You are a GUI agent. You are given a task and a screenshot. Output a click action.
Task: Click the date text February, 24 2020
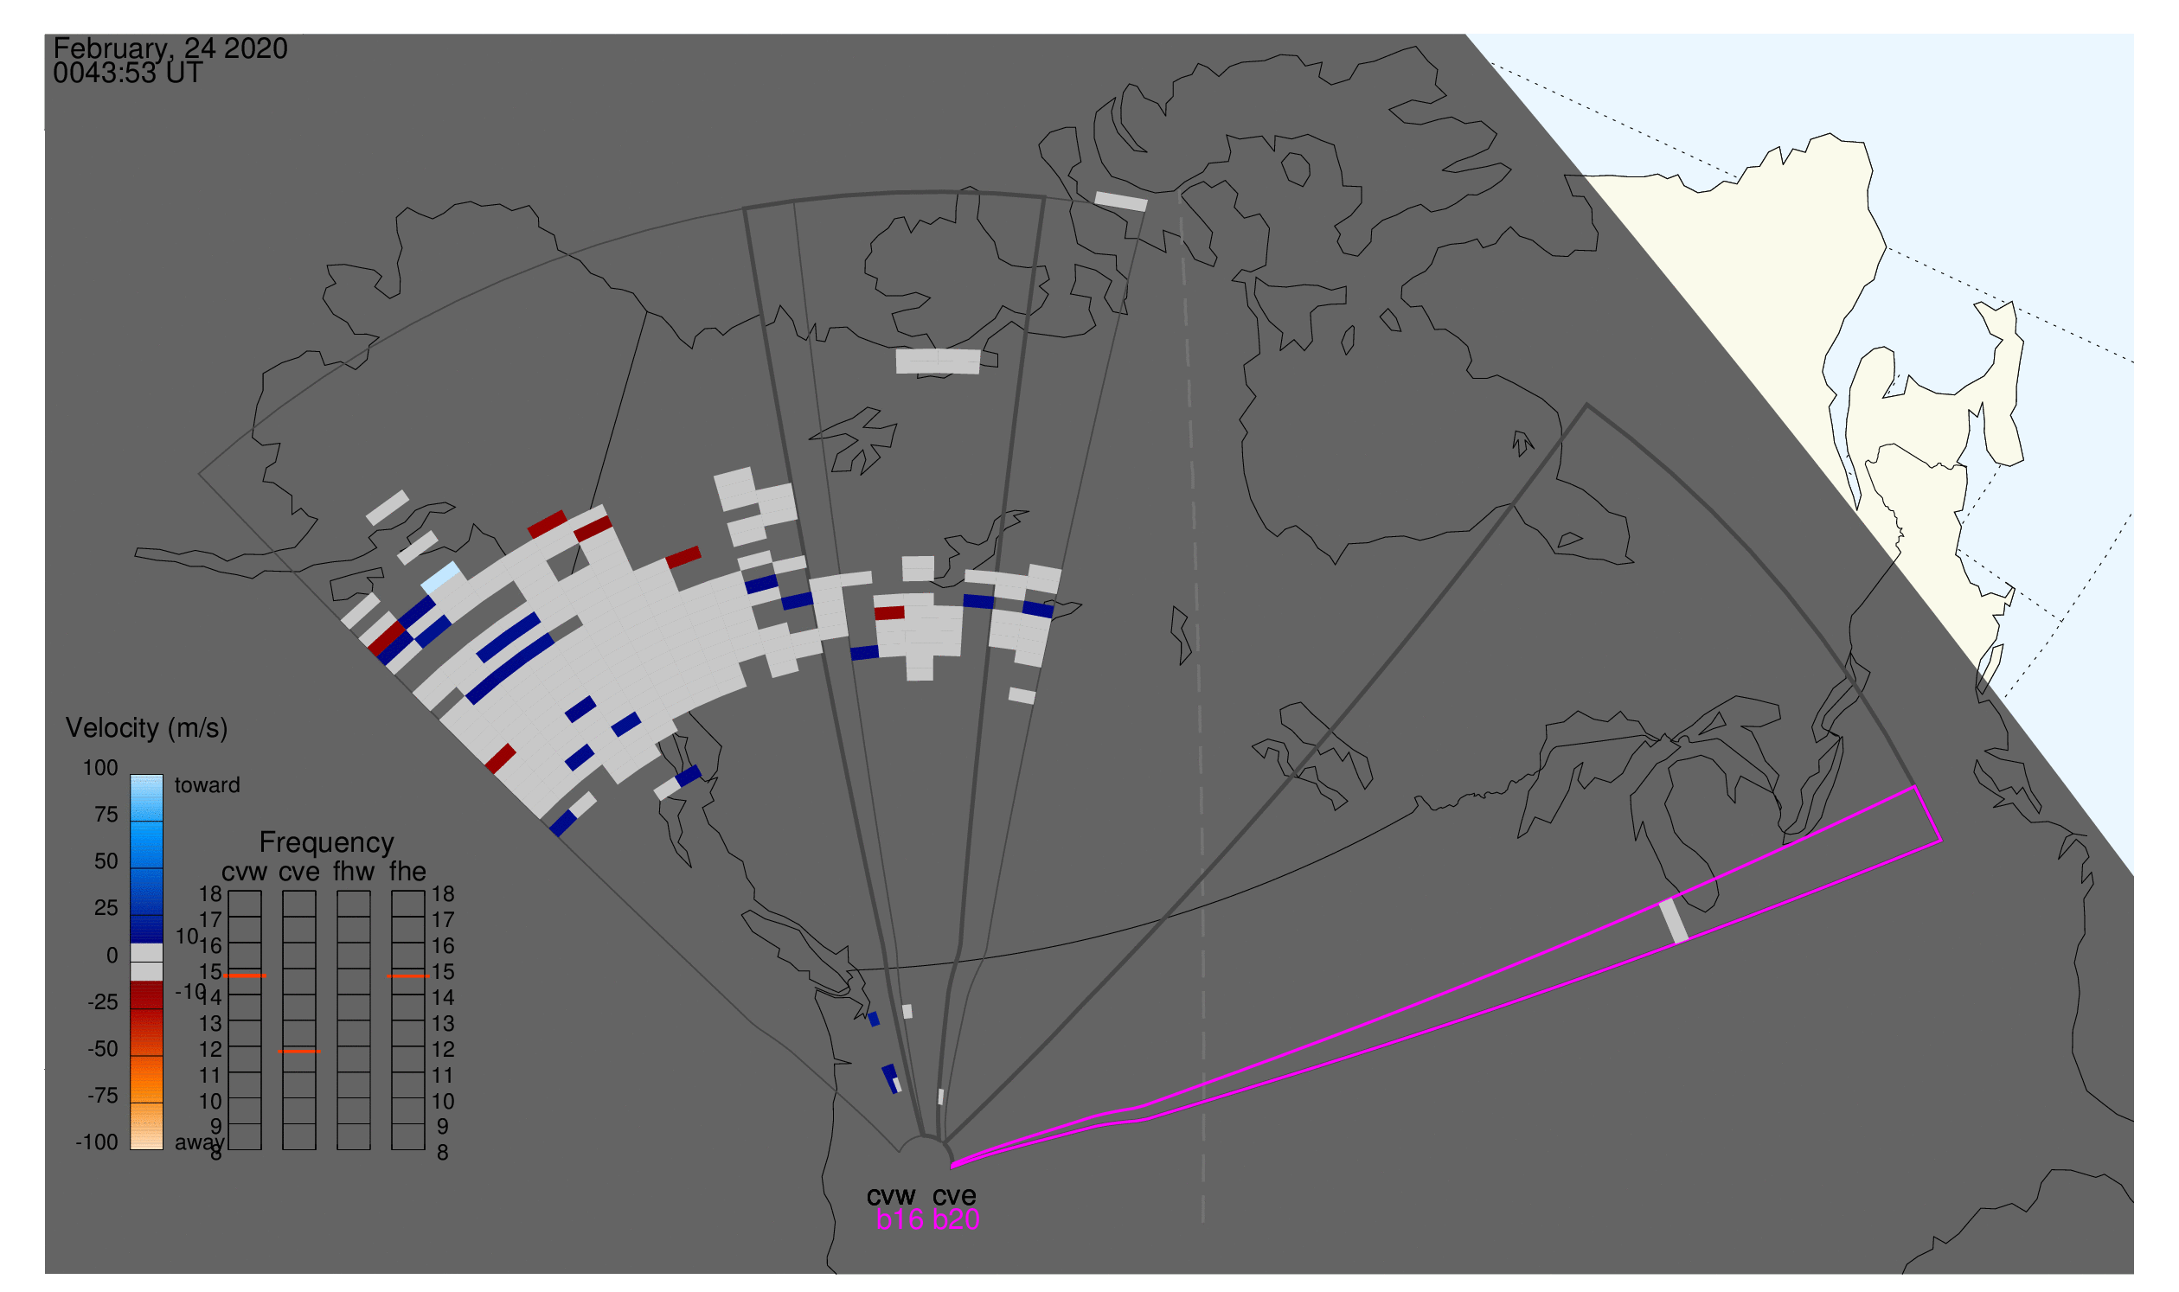[x=170, y=48]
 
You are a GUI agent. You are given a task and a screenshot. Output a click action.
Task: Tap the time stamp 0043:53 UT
[x=128, y=74]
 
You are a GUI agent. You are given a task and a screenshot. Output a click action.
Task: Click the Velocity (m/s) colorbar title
[x=147, y=729]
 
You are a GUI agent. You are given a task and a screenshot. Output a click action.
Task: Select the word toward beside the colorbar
[x=208, y=785]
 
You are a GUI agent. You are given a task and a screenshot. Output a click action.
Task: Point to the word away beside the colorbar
[x=200, y=1143]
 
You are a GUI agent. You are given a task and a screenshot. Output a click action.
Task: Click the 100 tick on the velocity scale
[x=100, y=768]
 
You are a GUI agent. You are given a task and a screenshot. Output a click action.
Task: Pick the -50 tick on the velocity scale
[x=103, y=1049]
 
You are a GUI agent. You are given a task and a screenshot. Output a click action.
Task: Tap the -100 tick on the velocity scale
[x=97, y=1142]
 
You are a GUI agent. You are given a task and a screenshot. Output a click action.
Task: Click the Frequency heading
[x=327, y=843]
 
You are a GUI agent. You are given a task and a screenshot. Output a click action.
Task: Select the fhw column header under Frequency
[x=354, y=873]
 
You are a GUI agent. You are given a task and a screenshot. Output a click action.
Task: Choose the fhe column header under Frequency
[x=407, y=873]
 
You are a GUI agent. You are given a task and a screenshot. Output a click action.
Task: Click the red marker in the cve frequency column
[x=299, y=1052]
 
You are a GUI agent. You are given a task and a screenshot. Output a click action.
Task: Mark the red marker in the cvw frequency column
[x=245, y=976]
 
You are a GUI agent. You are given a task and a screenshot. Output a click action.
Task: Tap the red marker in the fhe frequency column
[x=408, y=976]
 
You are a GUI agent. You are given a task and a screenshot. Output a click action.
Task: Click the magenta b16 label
[x=900, y=1220]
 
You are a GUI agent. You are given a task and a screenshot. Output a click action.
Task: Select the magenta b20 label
[x=956, y=1220]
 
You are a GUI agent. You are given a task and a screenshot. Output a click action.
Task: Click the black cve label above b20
[x=954, y=1196]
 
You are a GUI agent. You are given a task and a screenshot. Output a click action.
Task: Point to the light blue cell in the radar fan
[x=441, y=577]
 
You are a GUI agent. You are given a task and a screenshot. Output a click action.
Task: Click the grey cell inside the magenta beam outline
[x=1674, y=921]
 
